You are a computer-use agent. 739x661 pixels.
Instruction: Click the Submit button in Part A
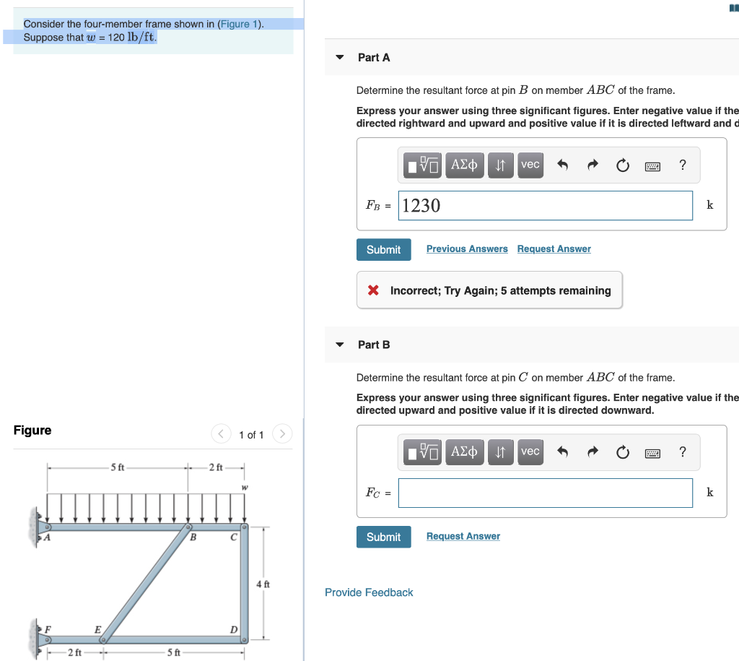coord(383,249)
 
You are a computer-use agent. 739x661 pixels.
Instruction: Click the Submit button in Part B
coord(383,537)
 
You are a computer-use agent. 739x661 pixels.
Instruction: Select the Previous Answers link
coord(467,249)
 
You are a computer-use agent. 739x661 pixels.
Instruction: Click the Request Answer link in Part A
coord(554,249)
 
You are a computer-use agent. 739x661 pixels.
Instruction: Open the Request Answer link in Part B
coord(463,536)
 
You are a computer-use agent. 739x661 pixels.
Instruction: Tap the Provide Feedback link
coord(369,592)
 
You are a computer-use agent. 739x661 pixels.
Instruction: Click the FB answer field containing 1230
coord(545,206)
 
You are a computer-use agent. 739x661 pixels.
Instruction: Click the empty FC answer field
coord(545,493)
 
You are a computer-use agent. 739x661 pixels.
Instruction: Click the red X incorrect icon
coord(373,290)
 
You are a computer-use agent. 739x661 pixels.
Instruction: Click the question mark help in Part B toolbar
coord(683,452)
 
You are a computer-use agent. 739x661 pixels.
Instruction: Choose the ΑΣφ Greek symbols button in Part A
coord(464,165)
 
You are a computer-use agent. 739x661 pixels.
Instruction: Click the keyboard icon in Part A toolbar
coord(652,165)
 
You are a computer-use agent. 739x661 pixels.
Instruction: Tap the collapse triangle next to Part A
coord(340,57)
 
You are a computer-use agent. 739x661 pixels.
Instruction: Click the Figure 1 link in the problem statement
coord(240,24)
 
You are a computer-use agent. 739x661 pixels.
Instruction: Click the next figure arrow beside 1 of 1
coord(283,434)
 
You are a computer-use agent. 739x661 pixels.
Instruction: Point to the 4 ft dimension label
coord(263,583)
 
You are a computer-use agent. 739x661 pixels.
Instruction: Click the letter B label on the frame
coord(193,537)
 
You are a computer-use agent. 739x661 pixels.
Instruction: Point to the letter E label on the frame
coord(97,628)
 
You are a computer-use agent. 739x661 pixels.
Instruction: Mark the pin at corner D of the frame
coord(244,639)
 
